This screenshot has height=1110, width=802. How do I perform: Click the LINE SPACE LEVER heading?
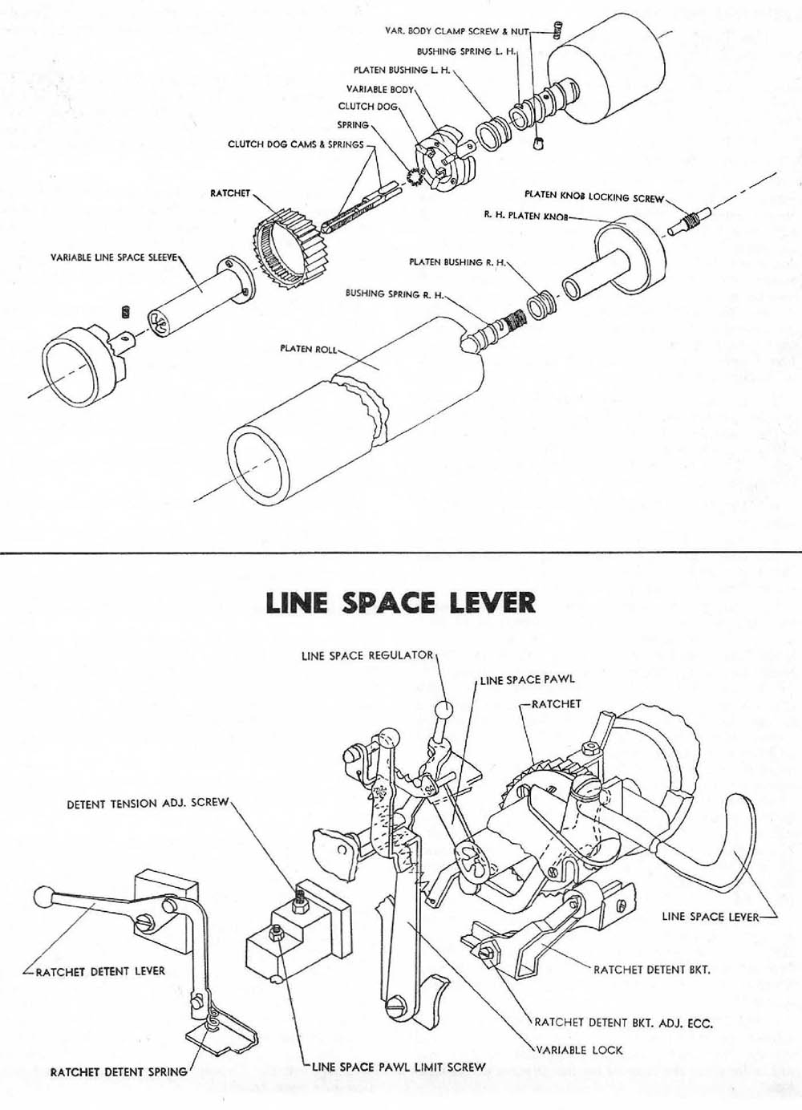(400, 602)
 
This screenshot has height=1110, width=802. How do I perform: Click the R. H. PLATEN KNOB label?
(525, 216)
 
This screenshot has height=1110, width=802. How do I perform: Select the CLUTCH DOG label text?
(367, 106)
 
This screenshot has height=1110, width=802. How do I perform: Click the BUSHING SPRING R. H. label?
(394, 294)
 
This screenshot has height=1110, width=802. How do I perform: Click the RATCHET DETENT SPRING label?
(119, 1071)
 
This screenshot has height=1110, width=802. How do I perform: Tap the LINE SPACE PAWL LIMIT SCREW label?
(399, 1067)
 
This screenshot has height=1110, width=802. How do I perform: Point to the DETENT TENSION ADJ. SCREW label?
(148, 803)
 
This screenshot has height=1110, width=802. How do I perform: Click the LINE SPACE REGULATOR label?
(367, 655)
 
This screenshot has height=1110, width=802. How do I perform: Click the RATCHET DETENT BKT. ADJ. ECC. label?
(623, 1023)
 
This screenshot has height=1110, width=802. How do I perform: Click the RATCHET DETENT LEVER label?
(100, 970)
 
